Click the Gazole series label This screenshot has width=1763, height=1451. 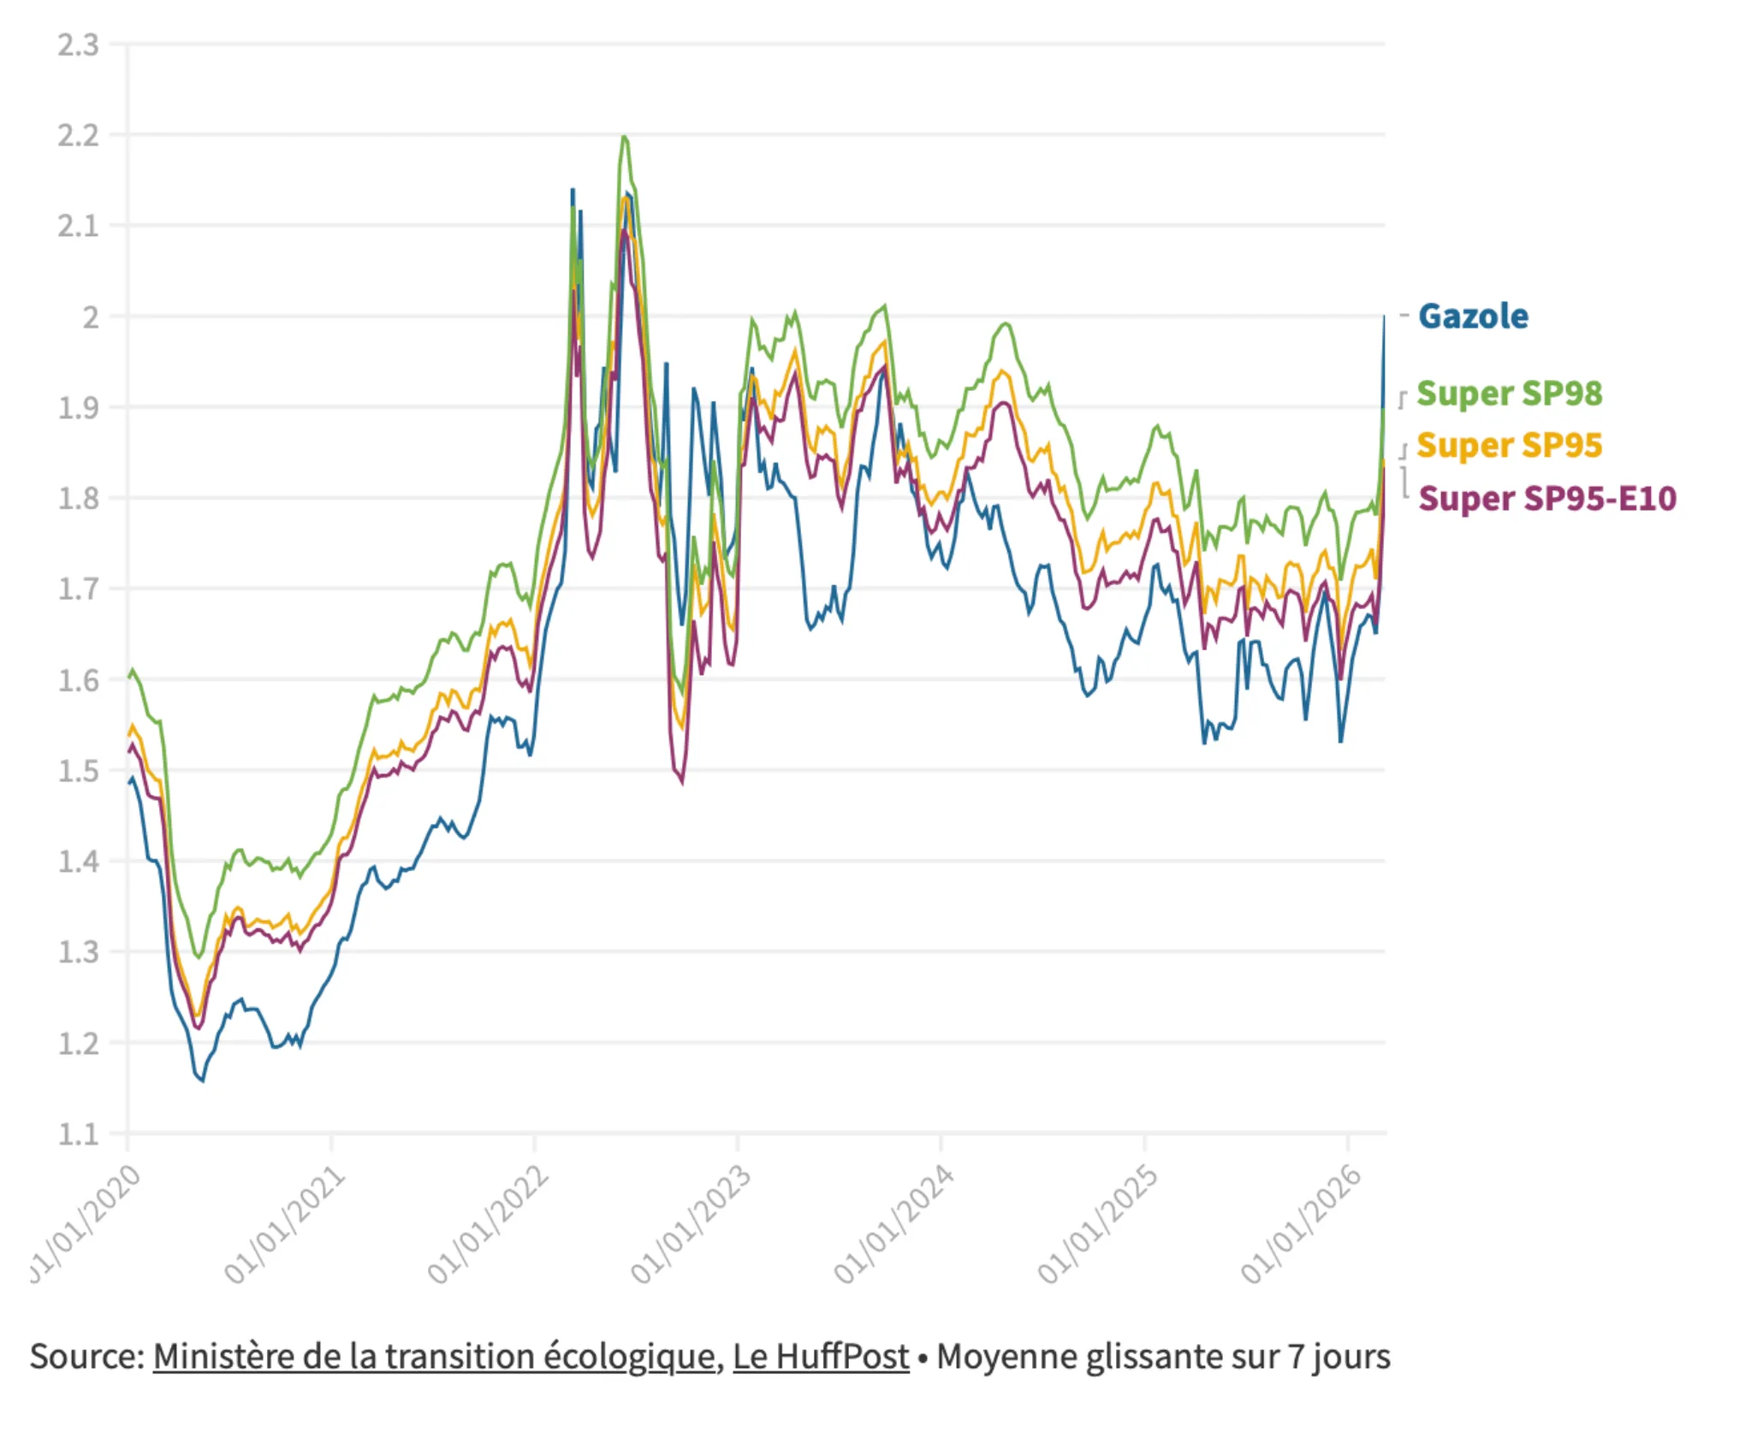[x=1473, y=317]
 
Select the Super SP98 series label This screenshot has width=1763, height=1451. [x=1509, y=394]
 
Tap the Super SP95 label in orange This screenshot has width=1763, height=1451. [x=1509, y=446]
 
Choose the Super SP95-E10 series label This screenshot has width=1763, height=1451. [x=1547, y=499]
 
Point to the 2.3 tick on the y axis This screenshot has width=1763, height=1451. [x=79, y=45]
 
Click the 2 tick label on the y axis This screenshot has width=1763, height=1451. [x=91, y=317]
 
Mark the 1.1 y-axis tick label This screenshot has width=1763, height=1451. [x=79, y=1134]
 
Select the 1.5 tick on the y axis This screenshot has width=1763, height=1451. [x=79, y=771]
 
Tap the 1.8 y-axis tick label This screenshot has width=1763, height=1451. [x=79, y=498]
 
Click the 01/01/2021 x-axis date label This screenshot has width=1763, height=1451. [x=285, y=1225]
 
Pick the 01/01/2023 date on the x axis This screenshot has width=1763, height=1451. [x=692, y=1225]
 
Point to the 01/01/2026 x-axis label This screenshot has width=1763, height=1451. [x=1302, y=1225]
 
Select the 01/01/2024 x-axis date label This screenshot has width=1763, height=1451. [x=894, y=1225]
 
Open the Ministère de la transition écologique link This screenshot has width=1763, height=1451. [x=435, y=1357]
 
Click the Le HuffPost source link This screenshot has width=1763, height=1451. [x=821, y=1357]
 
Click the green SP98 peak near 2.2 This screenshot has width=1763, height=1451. [x=624, y=137]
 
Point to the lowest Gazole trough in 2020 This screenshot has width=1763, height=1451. [x=202, y=1081]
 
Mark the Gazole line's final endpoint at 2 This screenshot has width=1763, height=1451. [x=1384, y=317]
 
